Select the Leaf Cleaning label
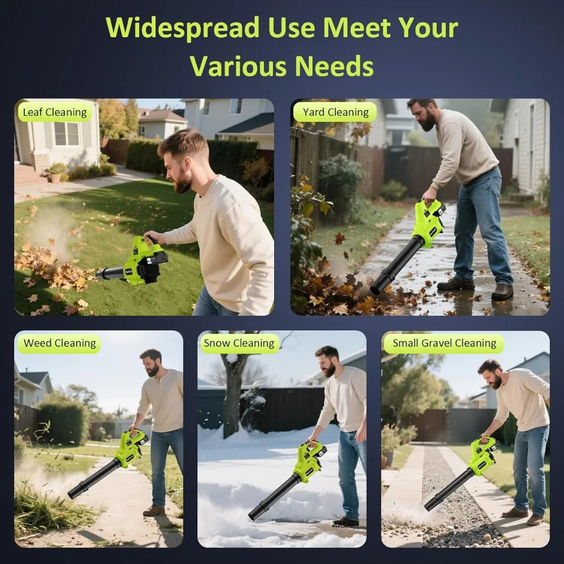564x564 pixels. click(x=55, y=112)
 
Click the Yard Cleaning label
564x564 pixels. click(x=335, y=112)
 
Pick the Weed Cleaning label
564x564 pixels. click(x=60, y=343)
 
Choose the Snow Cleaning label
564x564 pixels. click(x=239, y=343)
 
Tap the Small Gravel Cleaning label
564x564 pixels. click(x=444, y=343)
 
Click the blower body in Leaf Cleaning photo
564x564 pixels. click(x=144, y=261)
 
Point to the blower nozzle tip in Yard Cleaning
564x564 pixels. click(x=376, y=289)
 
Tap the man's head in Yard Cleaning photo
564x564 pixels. click(x=421, y=113)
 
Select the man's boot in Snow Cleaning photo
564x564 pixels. click(x=345, y=521)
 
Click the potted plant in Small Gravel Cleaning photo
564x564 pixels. click(x=390, y=445)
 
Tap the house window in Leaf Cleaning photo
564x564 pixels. click(x=67, y=134)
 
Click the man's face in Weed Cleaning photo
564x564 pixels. click(x=151, y=364)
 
